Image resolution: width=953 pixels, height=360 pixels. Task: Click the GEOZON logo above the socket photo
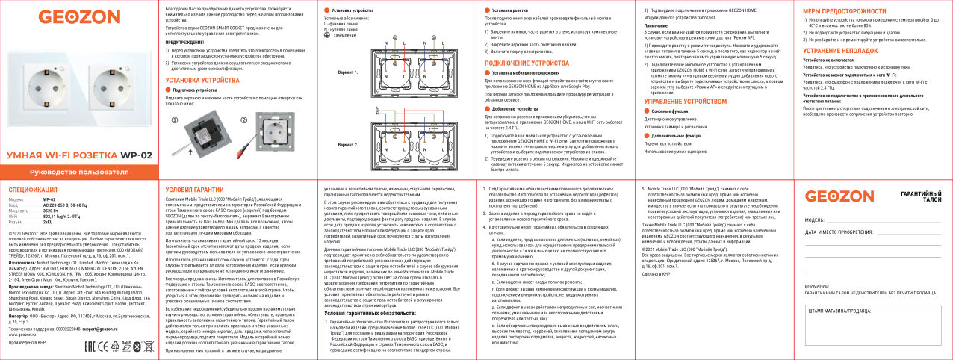pyautogui.click(x=68, y=16)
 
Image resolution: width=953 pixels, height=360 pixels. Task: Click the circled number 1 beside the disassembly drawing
pyautogui.click(x=176, y=121)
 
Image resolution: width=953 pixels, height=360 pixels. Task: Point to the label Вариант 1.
pyautogui.click(x=348, y=73)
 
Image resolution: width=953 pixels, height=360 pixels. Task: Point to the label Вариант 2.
pyautogui.click(x=348, y=143)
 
